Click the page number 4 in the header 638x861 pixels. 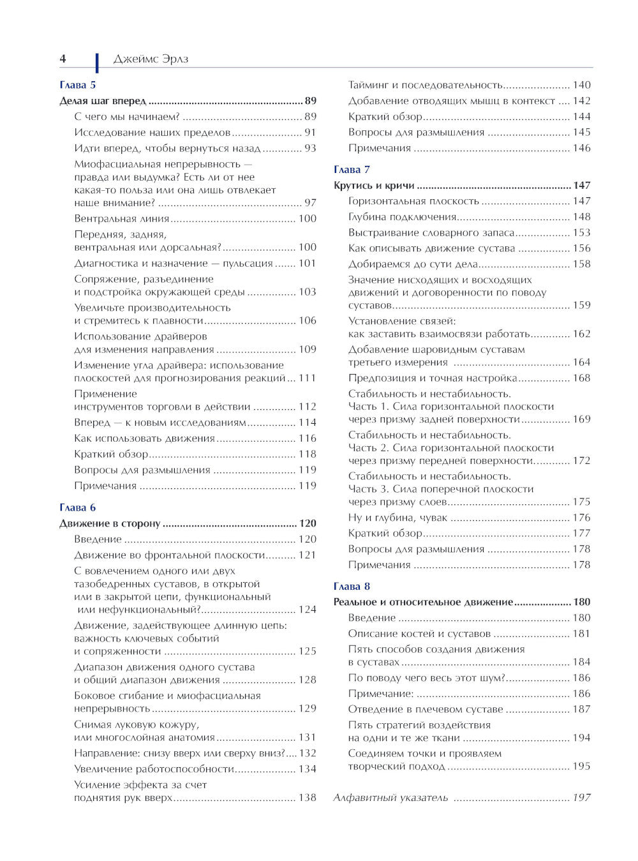(x=63, y=59)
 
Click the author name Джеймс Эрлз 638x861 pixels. (x=151, y=59)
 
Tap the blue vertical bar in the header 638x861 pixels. (x=97, y=63)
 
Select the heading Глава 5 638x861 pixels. (x=77, y=85)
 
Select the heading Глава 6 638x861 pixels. (x=77, y=507)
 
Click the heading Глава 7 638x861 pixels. (x=352, y=170)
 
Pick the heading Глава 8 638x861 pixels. (x=352, y=587)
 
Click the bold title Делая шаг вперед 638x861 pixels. (x=103, y=101)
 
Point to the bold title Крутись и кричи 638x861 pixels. (x=374, y=186)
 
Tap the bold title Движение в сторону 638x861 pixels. (x=110, y=523)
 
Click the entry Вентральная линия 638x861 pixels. (x=121, y=218)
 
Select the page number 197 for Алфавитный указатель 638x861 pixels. (x=581, y=798)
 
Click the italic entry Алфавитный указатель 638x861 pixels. (x=390, y=798)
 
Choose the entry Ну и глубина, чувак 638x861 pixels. (x=397, y=518)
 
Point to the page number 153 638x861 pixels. (x=581, y=233)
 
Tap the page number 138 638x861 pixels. (x=308, y=798)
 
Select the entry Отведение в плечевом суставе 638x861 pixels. (x=426, y=709)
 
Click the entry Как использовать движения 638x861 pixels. (x=144, y=438)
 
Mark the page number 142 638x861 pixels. (x=581, y=101)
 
